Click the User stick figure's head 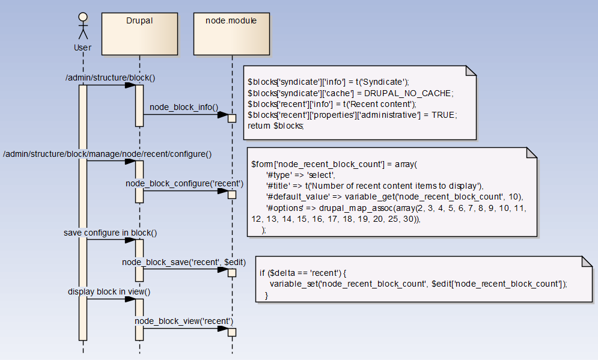tap(83, 16)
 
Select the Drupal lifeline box tap(139, 34)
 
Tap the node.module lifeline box tap(231, 34)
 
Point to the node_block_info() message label tap(183, 107)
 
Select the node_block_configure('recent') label tap(184, 183)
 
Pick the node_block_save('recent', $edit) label tap(183, 261)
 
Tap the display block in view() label tap(109, 291)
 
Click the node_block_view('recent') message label tap(183, 321)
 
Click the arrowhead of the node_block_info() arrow tap(222, 115)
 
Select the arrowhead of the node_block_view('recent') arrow tap(222, 329)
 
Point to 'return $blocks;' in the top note tap(276, 126)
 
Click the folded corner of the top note tap(471, 71)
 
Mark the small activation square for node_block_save tap(231, 273)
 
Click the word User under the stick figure tap(82, 47)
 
